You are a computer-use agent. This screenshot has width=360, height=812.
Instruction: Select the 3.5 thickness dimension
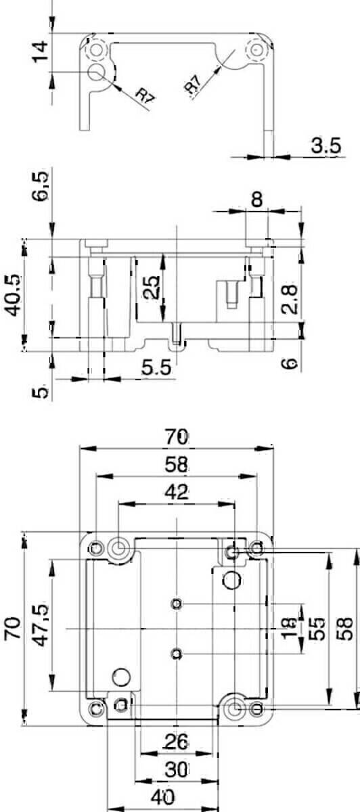[325, 145]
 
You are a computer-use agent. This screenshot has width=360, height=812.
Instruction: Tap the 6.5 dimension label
[41, 186]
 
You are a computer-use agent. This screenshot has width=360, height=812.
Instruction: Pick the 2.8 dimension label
[289, 298]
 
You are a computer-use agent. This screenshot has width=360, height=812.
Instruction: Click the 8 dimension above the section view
[257, 200]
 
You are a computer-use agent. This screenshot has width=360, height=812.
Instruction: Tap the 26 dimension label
[177, 742]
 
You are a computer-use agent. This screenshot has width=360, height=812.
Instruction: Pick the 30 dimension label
[177, 769]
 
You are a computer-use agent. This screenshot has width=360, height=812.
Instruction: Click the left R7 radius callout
[145, 96]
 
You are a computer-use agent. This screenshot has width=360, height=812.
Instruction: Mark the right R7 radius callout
[194, 85]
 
